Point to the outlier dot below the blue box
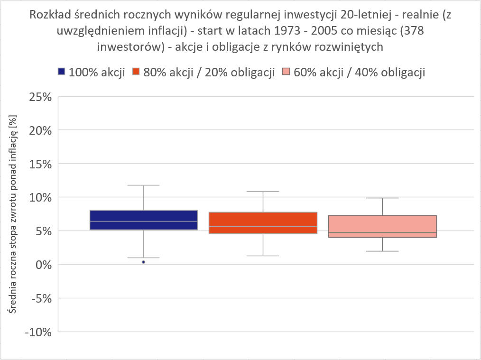click(x=143, y=262)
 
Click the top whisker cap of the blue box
click(x=143, y=185)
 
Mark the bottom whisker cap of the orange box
click(x=263, y=256)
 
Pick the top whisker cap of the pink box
click(x=382, y=198)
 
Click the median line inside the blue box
click(x=143, y=221)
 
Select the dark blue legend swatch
click(x=61, y=72)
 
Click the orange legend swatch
click(x=136, y=72)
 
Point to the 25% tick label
click(x=40, y=97)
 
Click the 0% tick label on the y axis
click(x=43, y=265)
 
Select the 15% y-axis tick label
click(x=40, y=164)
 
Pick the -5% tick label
click(x=41, y=298)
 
